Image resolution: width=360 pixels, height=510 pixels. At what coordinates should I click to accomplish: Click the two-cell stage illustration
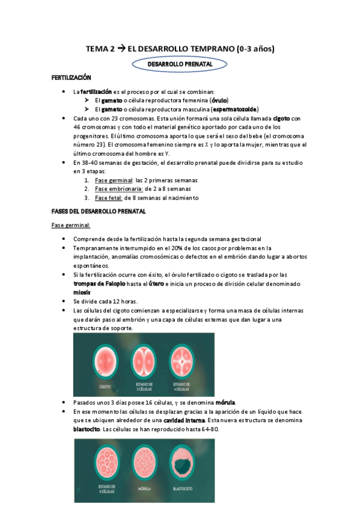(144, 358)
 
